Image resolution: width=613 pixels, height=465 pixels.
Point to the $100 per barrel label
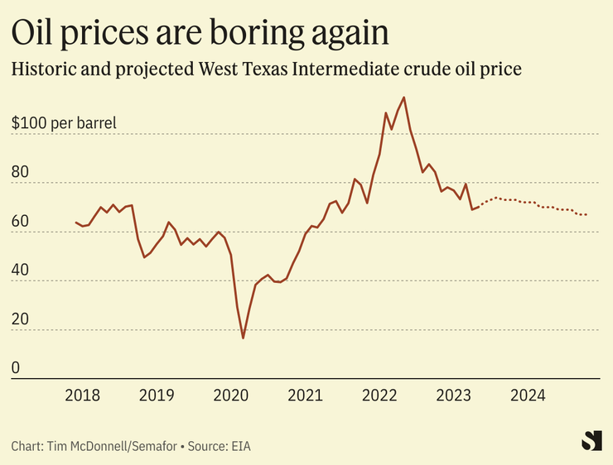coord(64,124)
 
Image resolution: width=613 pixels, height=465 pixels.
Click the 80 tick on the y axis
coord(21,174)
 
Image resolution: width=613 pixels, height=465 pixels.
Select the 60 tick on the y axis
coord(21,223)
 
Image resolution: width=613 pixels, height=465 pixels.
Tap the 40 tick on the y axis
coord(21,271)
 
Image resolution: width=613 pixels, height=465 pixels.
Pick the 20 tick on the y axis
coord(21,320)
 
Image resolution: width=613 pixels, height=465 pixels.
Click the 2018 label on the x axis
coord(82,395)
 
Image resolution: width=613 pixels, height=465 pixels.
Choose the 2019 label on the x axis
coord(157,395)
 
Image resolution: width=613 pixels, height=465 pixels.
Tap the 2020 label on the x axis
coord(230,395)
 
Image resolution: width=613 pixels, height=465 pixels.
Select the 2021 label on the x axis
coord(305,395)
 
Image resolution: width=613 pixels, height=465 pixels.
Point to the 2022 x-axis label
coord(379,395)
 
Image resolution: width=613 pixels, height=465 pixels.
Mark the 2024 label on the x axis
coord(528,395)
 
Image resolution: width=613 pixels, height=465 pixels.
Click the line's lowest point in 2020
coord(244,338)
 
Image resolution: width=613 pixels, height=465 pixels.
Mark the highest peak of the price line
coord(403,98)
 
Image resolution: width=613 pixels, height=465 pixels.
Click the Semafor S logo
coord(591,441)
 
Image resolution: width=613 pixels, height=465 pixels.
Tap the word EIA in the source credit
coord(239,446)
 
